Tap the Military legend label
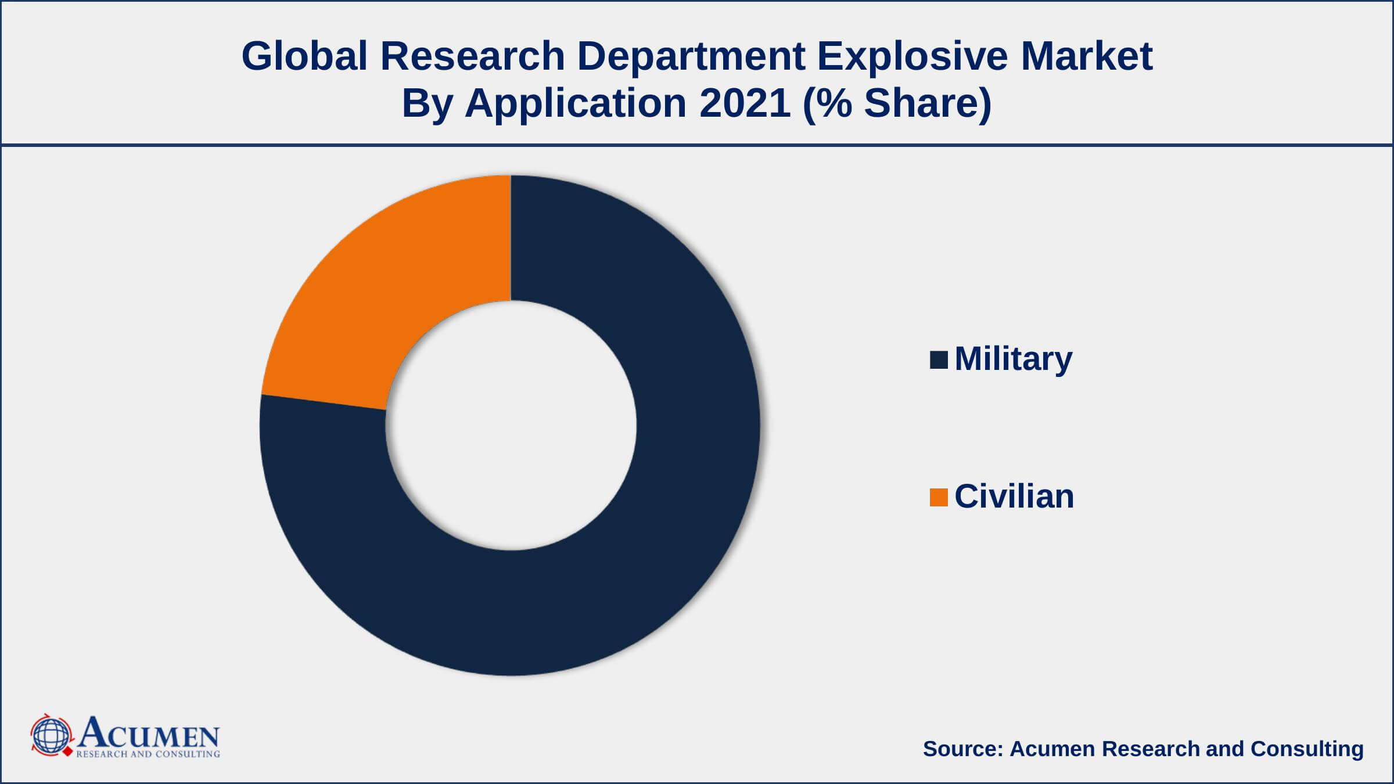coord(1013,359)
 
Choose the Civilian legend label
coord(1014,497)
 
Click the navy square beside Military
coord(939,360)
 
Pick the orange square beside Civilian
coord(939,497)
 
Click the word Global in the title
coord(304,56)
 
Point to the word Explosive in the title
coord(912,56)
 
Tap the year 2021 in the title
coord(745,103)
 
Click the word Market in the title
coord(1087,56)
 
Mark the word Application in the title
coord(576,103)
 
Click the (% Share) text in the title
coord(897,103)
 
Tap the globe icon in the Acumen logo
coord(51,736)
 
